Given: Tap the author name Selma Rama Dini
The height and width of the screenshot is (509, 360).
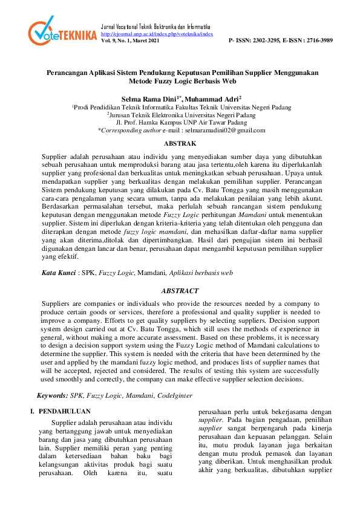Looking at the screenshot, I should [x=149, y=97].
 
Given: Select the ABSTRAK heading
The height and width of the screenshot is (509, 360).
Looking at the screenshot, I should [x=180, y=143].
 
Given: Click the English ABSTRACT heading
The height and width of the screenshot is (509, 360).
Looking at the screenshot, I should [x=180, y=291].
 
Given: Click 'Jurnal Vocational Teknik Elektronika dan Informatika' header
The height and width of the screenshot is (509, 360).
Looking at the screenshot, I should [x=155, y=28].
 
